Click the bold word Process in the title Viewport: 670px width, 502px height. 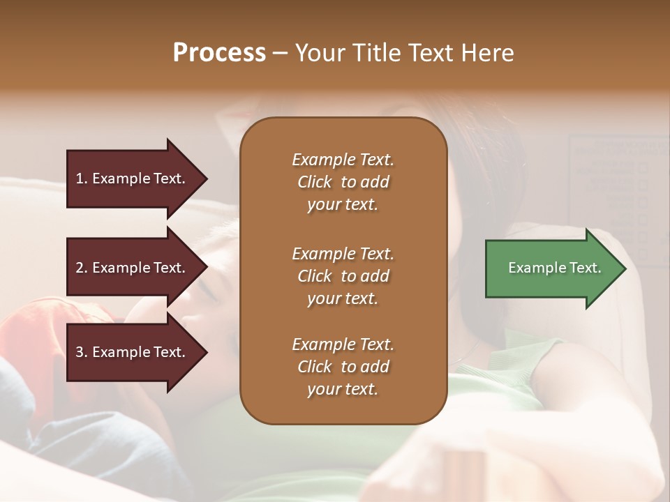[x=219, y=53]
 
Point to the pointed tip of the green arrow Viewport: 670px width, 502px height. [x=624, y=268]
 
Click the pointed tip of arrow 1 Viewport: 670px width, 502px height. [x=205, y=178]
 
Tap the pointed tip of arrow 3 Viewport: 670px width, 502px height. [x=205, y=352]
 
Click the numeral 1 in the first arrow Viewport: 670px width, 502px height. [x=80, y=178]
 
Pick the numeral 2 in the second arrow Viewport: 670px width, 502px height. [x=80, y=268]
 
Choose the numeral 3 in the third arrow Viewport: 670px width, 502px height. [x=80, y=352]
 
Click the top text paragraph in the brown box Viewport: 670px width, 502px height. [x=343, y=182]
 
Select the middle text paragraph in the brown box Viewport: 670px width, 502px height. [x=343, y=276]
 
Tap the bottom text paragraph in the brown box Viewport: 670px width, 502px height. [x=343, y=367]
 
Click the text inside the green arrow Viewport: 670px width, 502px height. [x=554, y=268]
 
